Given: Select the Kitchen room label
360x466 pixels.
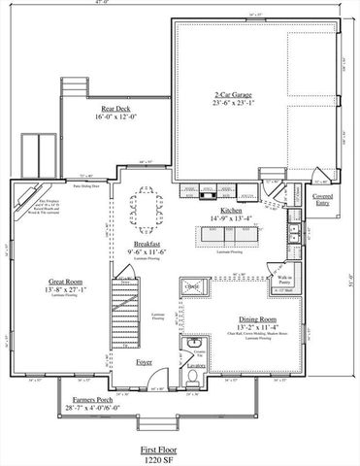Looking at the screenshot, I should (231, 210).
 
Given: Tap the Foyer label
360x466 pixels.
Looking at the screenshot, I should (145, 361).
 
